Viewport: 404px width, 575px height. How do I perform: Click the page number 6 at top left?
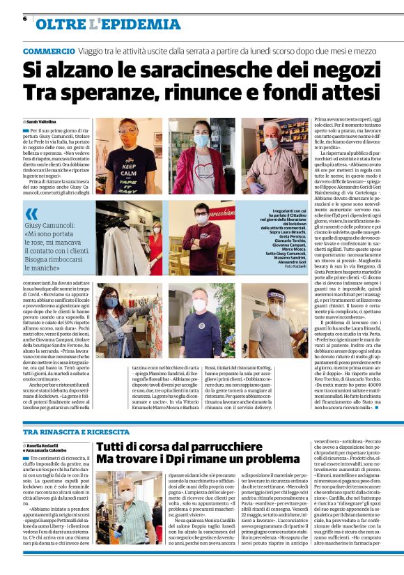25,19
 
